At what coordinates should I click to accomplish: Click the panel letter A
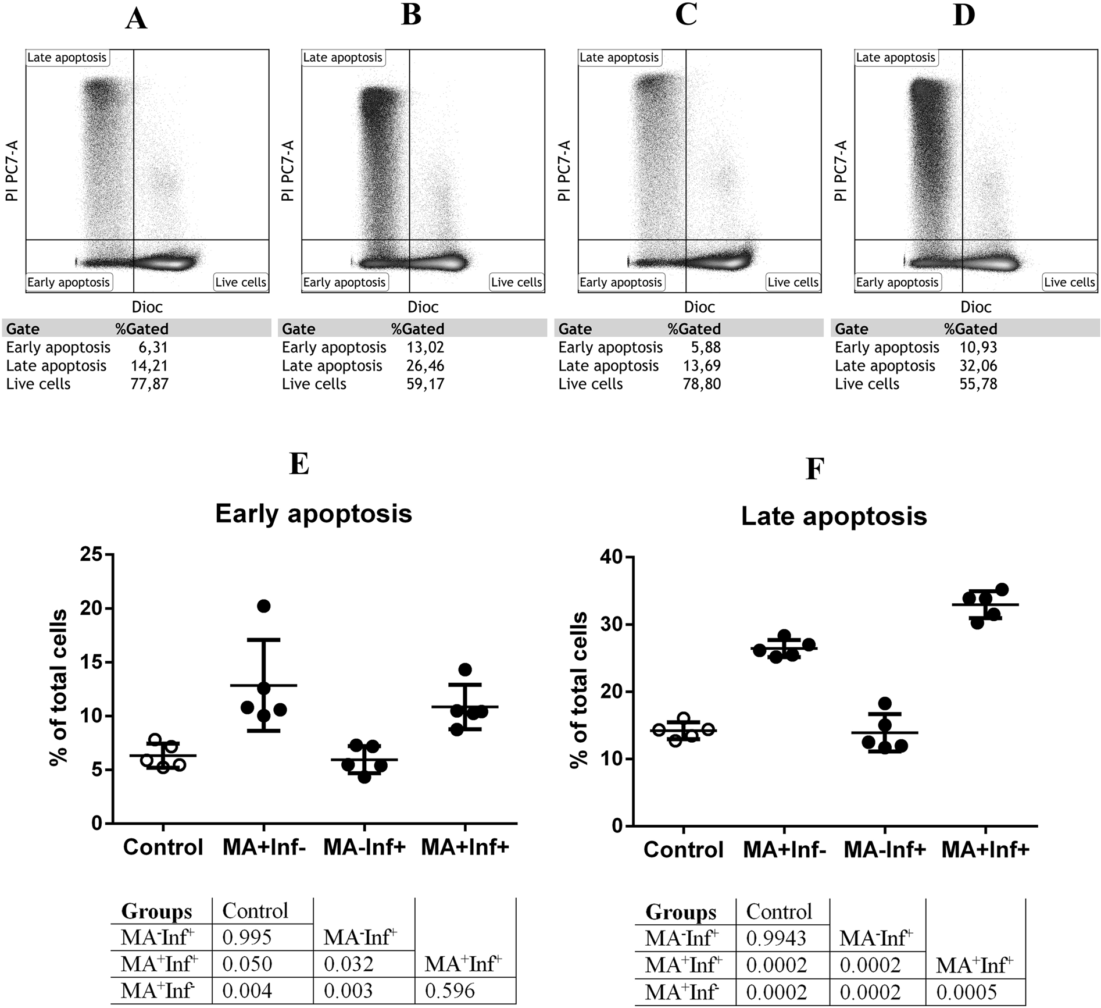[x=136, y=19]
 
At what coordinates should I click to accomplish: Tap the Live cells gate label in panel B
[x=516, y=283]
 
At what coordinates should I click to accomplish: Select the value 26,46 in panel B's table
[x=426, y=366]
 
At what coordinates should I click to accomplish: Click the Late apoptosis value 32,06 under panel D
[x=978, y=366]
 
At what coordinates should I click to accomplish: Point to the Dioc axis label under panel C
[x=699, y=307]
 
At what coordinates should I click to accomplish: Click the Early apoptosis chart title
[x=313, y=514]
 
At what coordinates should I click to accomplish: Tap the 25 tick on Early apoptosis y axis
[x=92, y=554]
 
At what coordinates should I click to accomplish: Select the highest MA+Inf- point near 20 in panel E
[x=264, y=606]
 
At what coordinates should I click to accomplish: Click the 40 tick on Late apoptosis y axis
[x=612, y=557]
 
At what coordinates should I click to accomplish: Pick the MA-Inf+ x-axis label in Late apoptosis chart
[x=884, y=850]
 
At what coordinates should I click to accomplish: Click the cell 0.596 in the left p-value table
[x=450, y=991]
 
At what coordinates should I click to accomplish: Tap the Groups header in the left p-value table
[x=156, y=911]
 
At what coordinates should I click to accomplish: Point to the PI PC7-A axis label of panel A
[x=12, y=170]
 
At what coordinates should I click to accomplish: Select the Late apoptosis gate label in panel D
[x=895, y=58]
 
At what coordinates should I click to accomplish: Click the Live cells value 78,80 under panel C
[x=702, y=384]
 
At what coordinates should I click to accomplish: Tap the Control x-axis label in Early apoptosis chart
[x=163, y=847]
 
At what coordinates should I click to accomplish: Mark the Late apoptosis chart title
[x=834, y=517]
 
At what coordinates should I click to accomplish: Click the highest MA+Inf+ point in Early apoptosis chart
[x=465, y=669]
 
